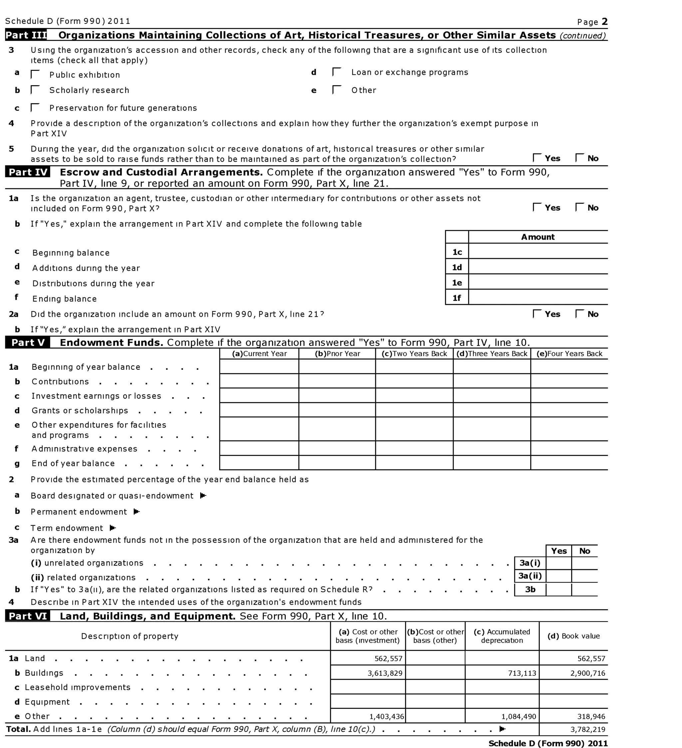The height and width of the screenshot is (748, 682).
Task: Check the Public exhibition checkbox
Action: tap(35, 75)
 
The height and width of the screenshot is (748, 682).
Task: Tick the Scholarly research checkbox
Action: tap(35, 90)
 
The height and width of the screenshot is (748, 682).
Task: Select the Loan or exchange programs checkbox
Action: tap(337, 72)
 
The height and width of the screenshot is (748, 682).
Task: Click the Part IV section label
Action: tap(28, 172)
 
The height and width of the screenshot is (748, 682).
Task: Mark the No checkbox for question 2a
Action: tap(579, 314)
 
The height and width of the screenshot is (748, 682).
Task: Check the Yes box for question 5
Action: tap(537, 158)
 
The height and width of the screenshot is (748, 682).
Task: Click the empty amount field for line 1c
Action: tap(537, 252)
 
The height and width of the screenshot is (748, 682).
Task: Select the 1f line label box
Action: tap(457, 297)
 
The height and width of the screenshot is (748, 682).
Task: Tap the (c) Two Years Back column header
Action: tap(414, 354)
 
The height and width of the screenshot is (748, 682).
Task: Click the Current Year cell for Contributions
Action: tap(259, 381)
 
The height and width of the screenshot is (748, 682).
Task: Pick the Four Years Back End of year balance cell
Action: tap(569, 463)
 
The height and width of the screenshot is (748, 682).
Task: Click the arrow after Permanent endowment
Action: tap(137, 512)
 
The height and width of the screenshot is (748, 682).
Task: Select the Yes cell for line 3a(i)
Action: tap(558, 563)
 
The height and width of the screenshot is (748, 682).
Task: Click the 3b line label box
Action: tap(530, 590)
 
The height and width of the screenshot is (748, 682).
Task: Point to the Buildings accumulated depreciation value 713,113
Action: tap(522, 673)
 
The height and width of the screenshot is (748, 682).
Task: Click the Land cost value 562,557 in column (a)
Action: tap(388, 658)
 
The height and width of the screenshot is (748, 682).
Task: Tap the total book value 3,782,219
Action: tap(588, 729)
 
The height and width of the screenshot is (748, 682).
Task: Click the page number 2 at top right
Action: tap(605, 22)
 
